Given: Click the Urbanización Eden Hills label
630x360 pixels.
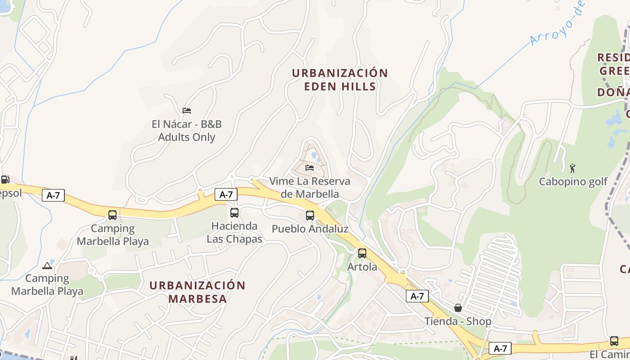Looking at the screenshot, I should [340, 80].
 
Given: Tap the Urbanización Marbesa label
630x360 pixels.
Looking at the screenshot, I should [197, 292].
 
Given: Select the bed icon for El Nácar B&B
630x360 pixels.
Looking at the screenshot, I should [187, 110].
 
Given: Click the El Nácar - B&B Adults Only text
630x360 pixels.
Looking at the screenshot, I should [187, 130].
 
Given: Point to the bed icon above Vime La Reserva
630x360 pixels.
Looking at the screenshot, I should [310, 168].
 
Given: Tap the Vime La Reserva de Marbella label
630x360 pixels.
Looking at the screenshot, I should [310, 188].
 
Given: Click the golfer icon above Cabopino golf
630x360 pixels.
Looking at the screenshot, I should [572, 168].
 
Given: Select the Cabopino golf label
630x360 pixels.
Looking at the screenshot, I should [573, 182].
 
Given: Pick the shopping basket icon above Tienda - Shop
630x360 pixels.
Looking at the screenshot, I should [458, 308].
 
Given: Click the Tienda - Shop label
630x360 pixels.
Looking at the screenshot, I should [458, 321].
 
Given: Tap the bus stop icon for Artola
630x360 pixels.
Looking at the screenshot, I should [362, 253].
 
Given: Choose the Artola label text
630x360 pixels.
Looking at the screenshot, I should [362, 267].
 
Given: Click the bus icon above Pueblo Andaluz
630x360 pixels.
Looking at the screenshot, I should [310, 215].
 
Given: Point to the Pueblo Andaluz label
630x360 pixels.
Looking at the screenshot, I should [310, 229].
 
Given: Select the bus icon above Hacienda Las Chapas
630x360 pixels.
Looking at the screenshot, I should [234, 212].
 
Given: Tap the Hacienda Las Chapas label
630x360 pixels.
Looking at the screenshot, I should [234, 232].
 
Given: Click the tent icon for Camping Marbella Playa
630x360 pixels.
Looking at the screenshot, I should [47, 265].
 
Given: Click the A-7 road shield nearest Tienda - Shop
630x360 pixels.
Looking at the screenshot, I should [417, 296].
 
